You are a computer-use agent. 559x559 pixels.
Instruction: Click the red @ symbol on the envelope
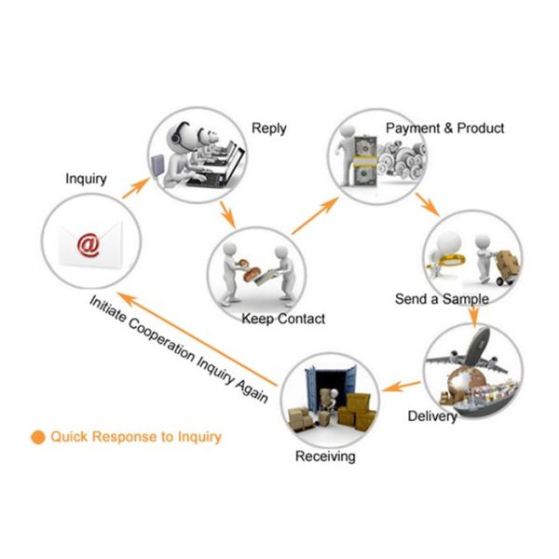point(88,244)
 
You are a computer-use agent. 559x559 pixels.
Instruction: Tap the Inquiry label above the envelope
point(86,178)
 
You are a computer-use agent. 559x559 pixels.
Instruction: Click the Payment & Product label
point(444,128)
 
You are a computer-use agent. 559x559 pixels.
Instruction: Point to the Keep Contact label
point(283,319)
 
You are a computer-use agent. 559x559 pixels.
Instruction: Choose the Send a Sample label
point(442,300)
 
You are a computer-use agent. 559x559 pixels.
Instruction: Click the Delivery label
point(432,416)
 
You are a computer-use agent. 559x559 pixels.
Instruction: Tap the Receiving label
point(325,457)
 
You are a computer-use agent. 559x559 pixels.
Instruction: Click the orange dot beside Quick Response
point(38,435)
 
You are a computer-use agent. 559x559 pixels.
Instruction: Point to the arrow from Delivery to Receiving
point(402,383)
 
